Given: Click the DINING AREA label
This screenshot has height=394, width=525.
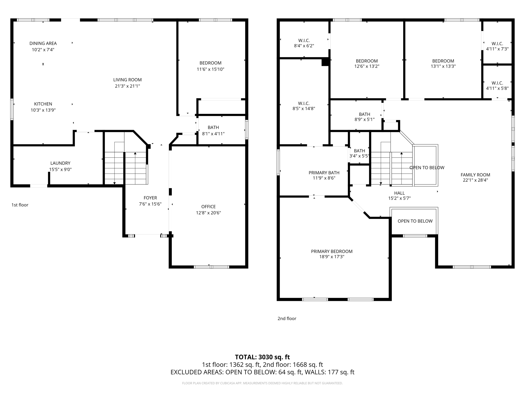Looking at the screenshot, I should (43, 43).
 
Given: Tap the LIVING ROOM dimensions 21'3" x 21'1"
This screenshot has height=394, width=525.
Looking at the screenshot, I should (127, 86).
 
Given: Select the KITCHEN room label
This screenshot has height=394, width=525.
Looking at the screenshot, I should (43, 104).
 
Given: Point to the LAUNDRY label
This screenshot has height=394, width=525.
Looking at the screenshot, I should (60, 163).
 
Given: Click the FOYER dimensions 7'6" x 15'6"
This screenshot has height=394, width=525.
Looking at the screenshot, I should (150, 204).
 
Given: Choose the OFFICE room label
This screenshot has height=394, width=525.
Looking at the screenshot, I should (208, 206).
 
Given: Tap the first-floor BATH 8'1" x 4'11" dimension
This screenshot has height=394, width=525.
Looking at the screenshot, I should (213, 134).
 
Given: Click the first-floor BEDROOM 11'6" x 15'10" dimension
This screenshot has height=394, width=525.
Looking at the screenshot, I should (210, 69).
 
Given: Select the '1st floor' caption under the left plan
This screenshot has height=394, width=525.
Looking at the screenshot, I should (20, 205).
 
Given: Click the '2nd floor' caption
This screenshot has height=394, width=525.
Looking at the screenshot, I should (287, 319).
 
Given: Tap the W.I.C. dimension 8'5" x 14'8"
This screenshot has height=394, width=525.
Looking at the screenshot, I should (304, 109).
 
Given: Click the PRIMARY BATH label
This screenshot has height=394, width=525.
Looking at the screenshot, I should (324, 173).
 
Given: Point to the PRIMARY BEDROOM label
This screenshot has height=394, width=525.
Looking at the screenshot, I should (331, 251).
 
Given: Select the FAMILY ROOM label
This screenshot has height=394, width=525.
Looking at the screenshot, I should (475, 175).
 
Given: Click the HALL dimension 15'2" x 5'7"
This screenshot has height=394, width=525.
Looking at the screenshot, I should (399, 198).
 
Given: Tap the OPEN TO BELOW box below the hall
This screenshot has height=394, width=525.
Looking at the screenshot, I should (415, 221).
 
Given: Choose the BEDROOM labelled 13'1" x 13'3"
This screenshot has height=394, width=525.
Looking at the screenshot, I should (443, 61).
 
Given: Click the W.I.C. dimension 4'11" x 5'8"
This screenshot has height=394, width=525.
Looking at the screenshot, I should (497, 88).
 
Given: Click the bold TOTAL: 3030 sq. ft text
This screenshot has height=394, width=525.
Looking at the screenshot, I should (262, 357).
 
